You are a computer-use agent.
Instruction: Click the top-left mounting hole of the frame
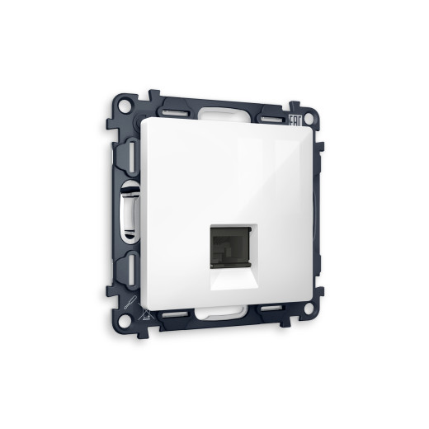(x=123, y=106)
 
